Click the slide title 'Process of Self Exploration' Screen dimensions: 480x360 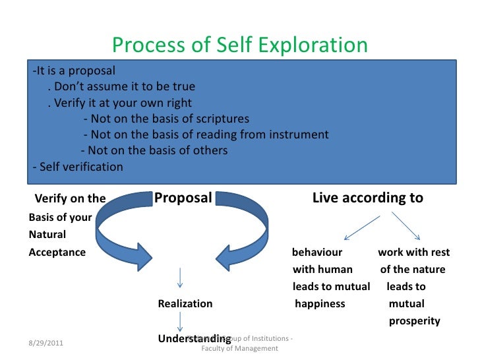239,45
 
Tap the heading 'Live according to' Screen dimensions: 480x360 367,198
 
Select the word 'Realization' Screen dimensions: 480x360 185,304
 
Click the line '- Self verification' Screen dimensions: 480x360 77,167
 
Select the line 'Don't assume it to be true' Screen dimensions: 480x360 121,87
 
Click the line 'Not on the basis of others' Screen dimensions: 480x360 154,150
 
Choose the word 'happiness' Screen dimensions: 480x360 320,304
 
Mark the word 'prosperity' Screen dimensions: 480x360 415,322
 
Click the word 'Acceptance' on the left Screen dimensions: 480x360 57,253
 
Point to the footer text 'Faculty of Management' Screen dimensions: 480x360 239,349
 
